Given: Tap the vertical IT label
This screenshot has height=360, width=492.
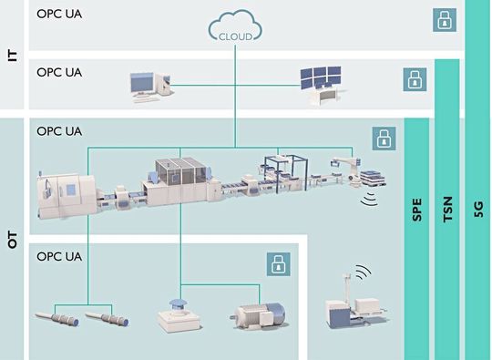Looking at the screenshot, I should pos(13,55).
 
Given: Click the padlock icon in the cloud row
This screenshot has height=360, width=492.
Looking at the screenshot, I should pos(444,19).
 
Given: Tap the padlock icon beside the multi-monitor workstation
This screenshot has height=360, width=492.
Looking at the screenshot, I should pos(415,79).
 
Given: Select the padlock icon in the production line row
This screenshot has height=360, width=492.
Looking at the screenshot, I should pos(384,139).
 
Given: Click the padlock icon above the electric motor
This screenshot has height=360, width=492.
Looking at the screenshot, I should pos(278,264).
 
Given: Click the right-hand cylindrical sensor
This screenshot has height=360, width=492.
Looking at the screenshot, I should pos(106,320).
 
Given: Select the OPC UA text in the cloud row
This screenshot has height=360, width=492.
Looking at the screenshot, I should pos(59,15).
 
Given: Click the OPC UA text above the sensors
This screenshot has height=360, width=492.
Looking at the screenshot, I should pos(59,257).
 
